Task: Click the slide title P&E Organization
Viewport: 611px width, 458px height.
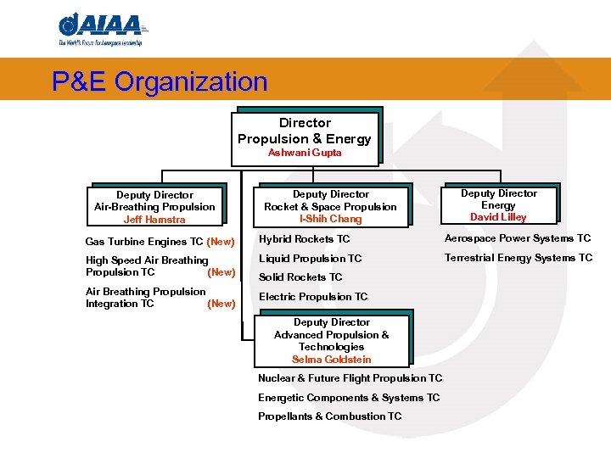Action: point(160,82)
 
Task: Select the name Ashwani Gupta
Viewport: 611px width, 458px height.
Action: point(305,153)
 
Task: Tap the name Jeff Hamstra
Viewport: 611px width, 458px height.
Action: point(154,220)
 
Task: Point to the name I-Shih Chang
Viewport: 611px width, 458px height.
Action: point(330,219)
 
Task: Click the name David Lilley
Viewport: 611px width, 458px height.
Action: point(498,217)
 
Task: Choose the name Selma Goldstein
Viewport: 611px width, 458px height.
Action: point(331,360)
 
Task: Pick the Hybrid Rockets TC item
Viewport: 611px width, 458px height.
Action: point(304,239)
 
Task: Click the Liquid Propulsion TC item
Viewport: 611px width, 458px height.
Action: point(310,259)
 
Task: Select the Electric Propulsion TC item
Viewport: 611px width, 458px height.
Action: point(313,297)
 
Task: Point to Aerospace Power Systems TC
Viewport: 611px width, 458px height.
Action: point(518,238)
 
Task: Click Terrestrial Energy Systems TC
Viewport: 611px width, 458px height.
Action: point(519,258)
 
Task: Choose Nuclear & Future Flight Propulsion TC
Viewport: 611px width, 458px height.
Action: point(350,378)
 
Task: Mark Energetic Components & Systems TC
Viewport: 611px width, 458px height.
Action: point(349,398)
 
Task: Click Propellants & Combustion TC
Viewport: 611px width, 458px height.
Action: point(329,416)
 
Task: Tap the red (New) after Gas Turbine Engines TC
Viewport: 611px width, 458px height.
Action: point(221,242)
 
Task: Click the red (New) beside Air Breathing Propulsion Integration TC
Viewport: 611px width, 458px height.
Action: point(221,304)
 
